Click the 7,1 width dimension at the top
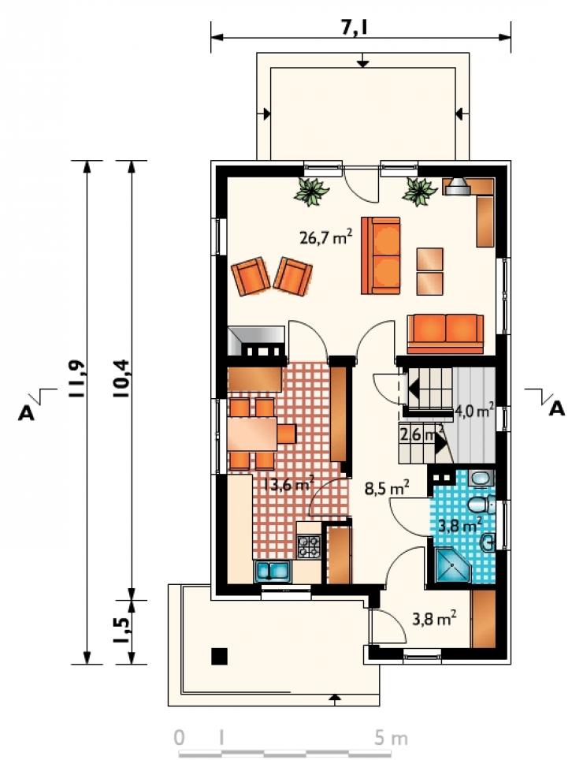(x=355, y=28)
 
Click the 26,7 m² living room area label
(x=325, y=237)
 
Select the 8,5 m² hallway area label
(x=388, y=488)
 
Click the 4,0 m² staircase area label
(x=474, y=412)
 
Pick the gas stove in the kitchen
(x=309, y=546)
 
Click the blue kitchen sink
(x=272, y=572)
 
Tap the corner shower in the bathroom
(x=453, y=566)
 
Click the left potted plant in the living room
(x=312, y=191)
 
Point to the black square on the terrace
(x=219, y=656)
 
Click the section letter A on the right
(x=557, y=409)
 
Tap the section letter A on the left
(x=27, y=413)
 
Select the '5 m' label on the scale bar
(x=391, y=738)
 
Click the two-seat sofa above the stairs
(x=445, y=334)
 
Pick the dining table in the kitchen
(x=252, y=434)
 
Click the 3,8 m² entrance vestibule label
(x=434, y=619)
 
